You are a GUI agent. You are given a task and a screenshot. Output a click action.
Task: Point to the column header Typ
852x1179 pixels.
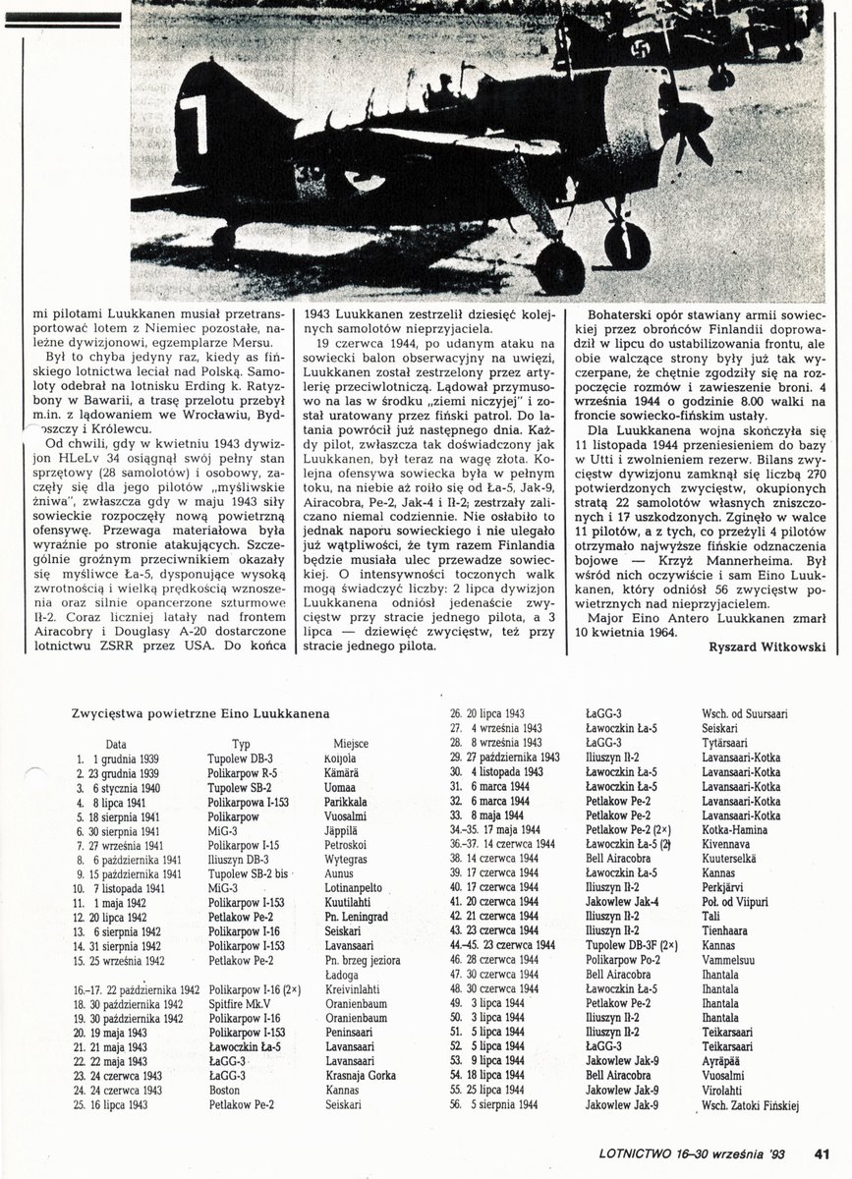[241, 745]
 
